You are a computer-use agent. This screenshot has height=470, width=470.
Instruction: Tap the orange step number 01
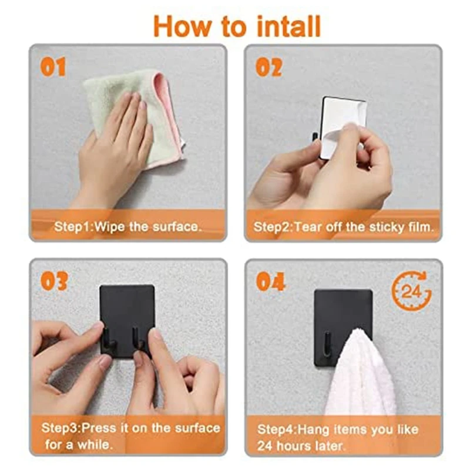coord(53,67)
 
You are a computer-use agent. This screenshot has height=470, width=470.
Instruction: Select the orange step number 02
coord(269,67)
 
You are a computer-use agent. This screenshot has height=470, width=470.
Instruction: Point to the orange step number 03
coord(54,281)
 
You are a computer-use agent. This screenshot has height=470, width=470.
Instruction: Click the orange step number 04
coord(270,281)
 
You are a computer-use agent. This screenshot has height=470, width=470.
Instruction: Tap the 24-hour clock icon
coord(412,290)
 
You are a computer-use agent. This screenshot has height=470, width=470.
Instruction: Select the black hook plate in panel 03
coord(127,321)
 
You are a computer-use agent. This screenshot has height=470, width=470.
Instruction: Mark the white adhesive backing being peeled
coord(342,127)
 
